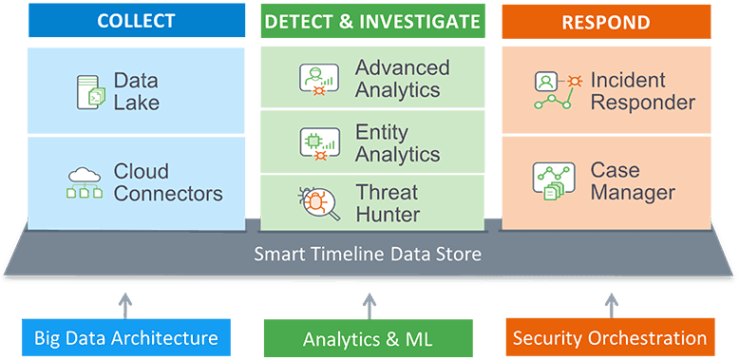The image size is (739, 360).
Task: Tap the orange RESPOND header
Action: pyautogui.click(x=606, y=21)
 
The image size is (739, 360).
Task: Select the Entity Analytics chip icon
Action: pyautogui.click(x=314, y=142)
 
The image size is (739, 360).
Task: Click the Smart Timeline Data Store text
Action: pyautogui.click(x=368, y=255)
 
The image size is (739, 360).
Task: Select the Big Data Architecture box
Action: pyautogui.click(x=125, y=337)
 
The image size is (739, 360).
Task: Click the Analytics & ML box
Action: pyautogui.click(x=368, y=338)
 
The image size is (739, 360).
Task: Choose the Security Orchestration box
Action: pyautogui.click(x=610, y=337)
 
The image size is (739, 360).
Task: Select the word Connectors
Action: pyautogui.click(x=168, y=194)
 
